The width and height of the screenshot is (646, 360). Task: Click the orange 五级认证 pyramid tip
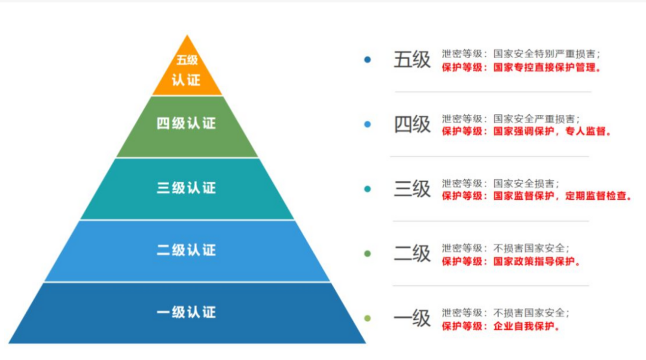(187, 71)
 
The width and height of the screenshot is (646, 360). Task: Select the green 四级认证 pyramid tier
(186, 124)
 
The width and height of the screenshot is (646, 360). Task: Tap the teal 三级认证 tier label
(186, 188)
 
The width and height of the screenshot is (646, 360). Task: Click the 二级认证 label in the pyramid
(186, 250)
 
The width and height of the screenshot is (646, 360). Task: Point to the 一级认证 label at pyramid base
(186, 312)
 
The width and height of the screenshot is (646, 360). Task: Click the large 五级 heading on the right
(412, 60)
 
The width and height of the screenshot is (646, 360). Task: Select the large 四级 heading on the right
(412, 124)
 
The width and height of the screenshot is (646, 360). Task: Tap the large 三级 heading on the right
(412, 188)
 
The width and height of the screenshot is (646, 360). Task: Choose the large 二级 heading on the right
(412, 253)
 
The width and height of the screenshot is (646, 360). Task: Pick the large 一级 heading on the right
(412, 318)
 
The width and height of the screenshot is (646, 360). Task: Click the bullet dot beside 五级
(367, 59)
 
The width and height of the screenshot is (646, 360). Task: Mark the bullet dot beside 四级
(367, 124)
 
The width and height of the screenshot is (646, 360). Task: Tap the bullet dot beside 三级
(367, 189)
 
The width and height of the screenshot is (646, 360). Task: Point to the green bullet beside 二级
(367, 254)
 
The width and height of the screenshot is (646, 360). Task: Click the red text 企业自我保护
(526, 327)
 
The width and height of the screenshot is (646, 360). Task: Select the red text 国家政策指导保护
(537, 261)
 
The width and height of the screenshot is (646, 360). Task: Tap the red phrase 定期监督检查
(598, 196)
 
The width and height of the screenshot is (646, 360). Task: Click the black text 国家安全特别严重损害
(547, 53)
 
